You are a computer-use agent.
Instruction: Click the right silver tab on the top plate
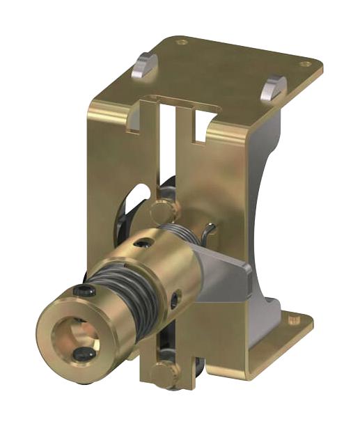click(x=274, y=86)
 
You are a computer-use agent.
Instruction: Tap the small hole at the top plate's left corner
click(x=182, y=42)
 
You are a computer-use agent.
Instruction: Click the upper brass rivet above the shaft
click(x=161, y=207)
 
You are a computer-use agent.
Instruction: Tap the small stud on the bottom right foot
click(x=291, y=321)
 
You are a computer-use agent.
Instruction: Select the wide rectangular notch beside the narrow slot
click(x=203, y=125)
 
